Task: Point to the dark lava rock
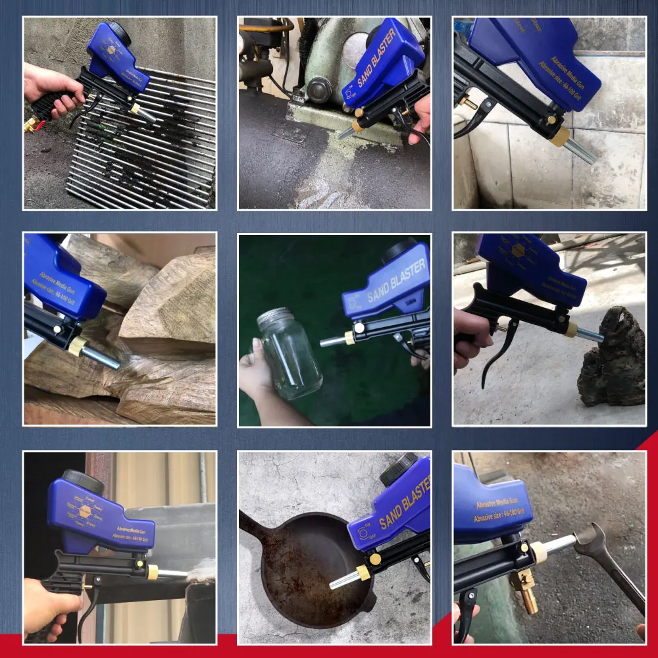[612, 359]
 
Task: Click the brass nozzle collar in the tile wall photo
[560, 136]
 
